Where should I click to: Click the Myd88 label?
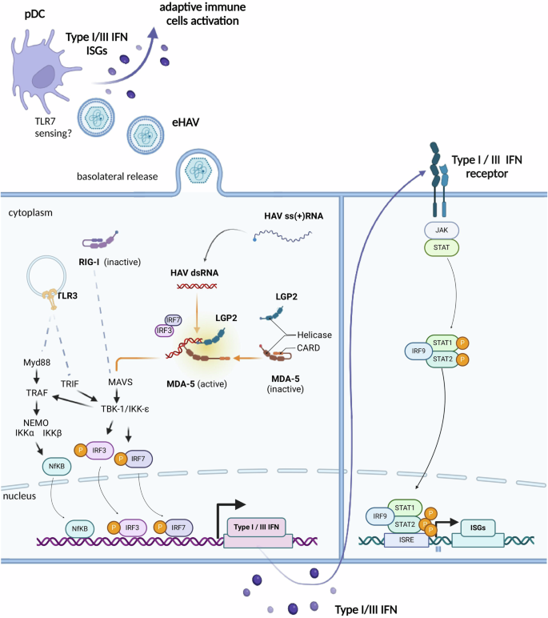(39, 364)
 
